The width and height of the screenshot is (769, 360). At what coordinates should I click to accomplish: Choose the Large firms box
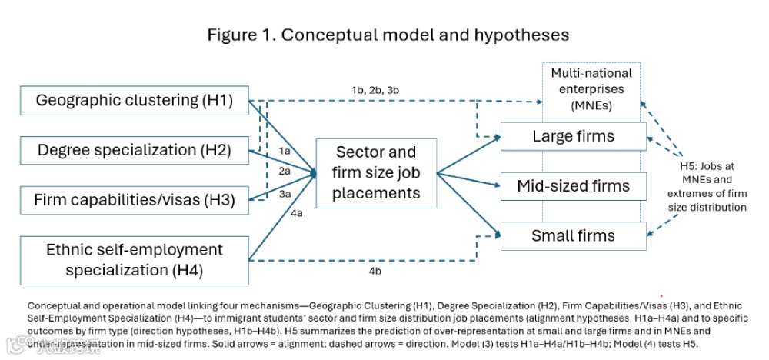574,137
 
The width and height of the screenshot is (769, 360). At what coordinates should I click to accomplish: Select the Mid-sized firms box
574,185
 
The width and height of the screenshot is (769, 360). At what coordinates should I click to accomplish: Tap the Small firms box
574,235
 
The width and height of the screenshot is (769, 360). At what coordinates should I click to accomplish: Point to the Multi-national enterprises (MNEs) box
591,88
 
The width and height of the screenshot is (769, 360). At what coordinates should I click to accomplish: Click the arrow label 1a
285,151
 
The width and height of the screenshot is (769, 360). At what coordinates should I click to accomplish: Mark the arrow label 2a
285,171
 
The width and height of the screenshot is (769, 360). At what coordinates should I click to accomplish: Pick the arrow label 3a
285,194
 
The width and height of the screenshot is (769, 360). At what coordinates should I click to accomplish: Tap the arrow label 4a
296,214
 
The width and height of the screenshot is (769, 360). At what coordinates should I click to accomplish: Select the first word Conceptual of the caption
48,305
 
